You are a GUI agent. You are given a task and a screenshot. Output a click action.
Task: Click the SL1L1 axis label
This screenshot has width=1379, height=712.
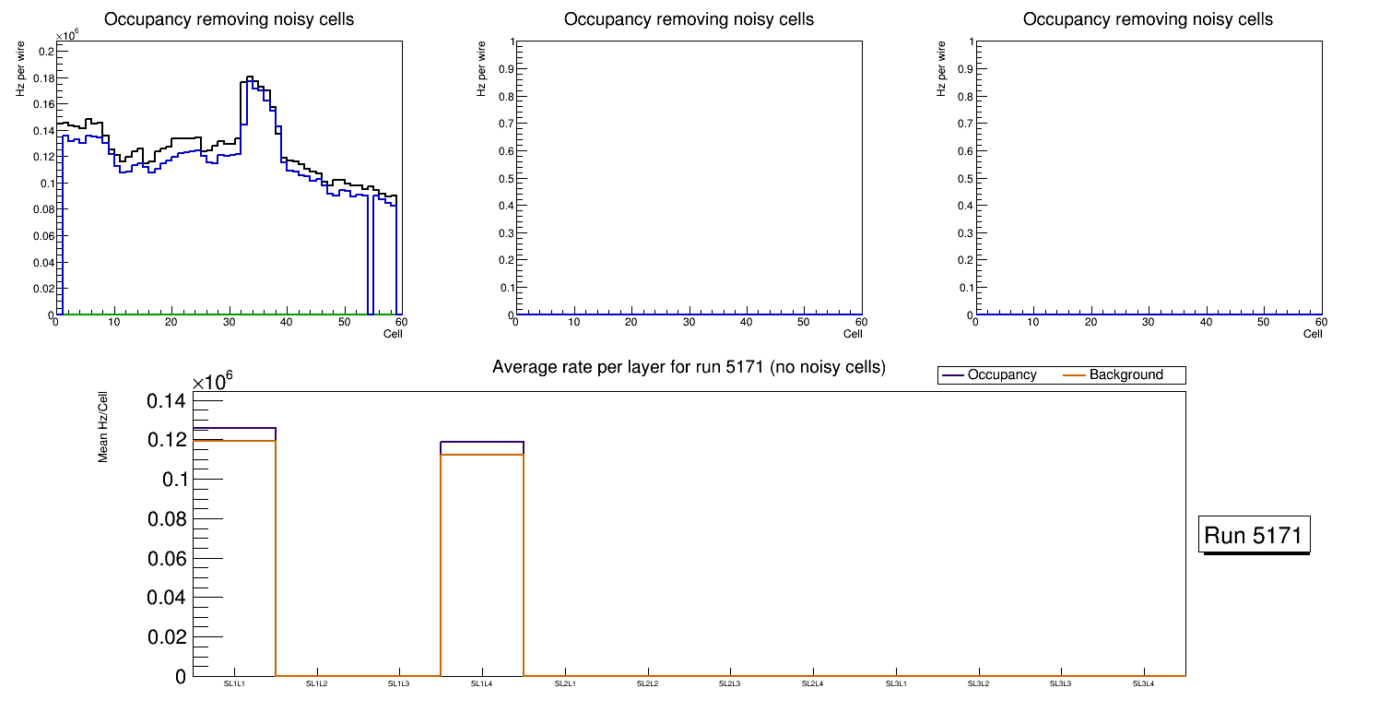pos(235,684)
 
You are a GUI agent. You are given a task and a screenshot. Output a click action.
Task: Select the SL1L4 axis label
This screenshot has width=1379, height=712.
pos(482,684)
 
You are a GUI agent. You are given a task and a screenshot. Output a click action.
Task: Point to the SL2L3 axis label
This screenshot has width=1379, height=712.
pos(730,684)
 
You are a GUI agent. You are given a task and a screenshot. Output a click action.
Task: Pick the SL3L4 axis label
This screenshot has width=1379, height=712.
pos(1143,684)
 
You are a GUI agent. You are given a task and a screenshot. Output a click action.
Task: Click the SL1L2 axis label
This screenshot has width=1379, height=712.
pos(317,684)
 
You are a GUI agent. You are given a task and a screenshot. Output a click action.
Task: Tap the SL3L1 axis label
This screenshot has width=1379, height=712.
pos(895,684)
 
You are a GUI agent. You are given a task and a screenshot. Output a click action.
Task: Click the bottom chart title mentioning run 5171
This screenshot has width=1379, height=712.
pos(689,368)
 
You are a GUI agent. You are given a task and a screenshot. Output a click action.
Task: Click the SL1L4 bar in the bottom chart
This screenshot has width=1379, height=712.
pos(482,563)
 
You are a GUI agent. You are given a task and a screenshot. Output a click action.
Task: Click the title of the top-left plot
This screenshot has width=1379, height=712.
pos(229,19)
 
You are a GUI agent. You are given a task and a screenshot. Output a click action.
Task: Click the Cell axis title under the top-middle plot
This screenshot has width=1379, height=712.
pos(853,334)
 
